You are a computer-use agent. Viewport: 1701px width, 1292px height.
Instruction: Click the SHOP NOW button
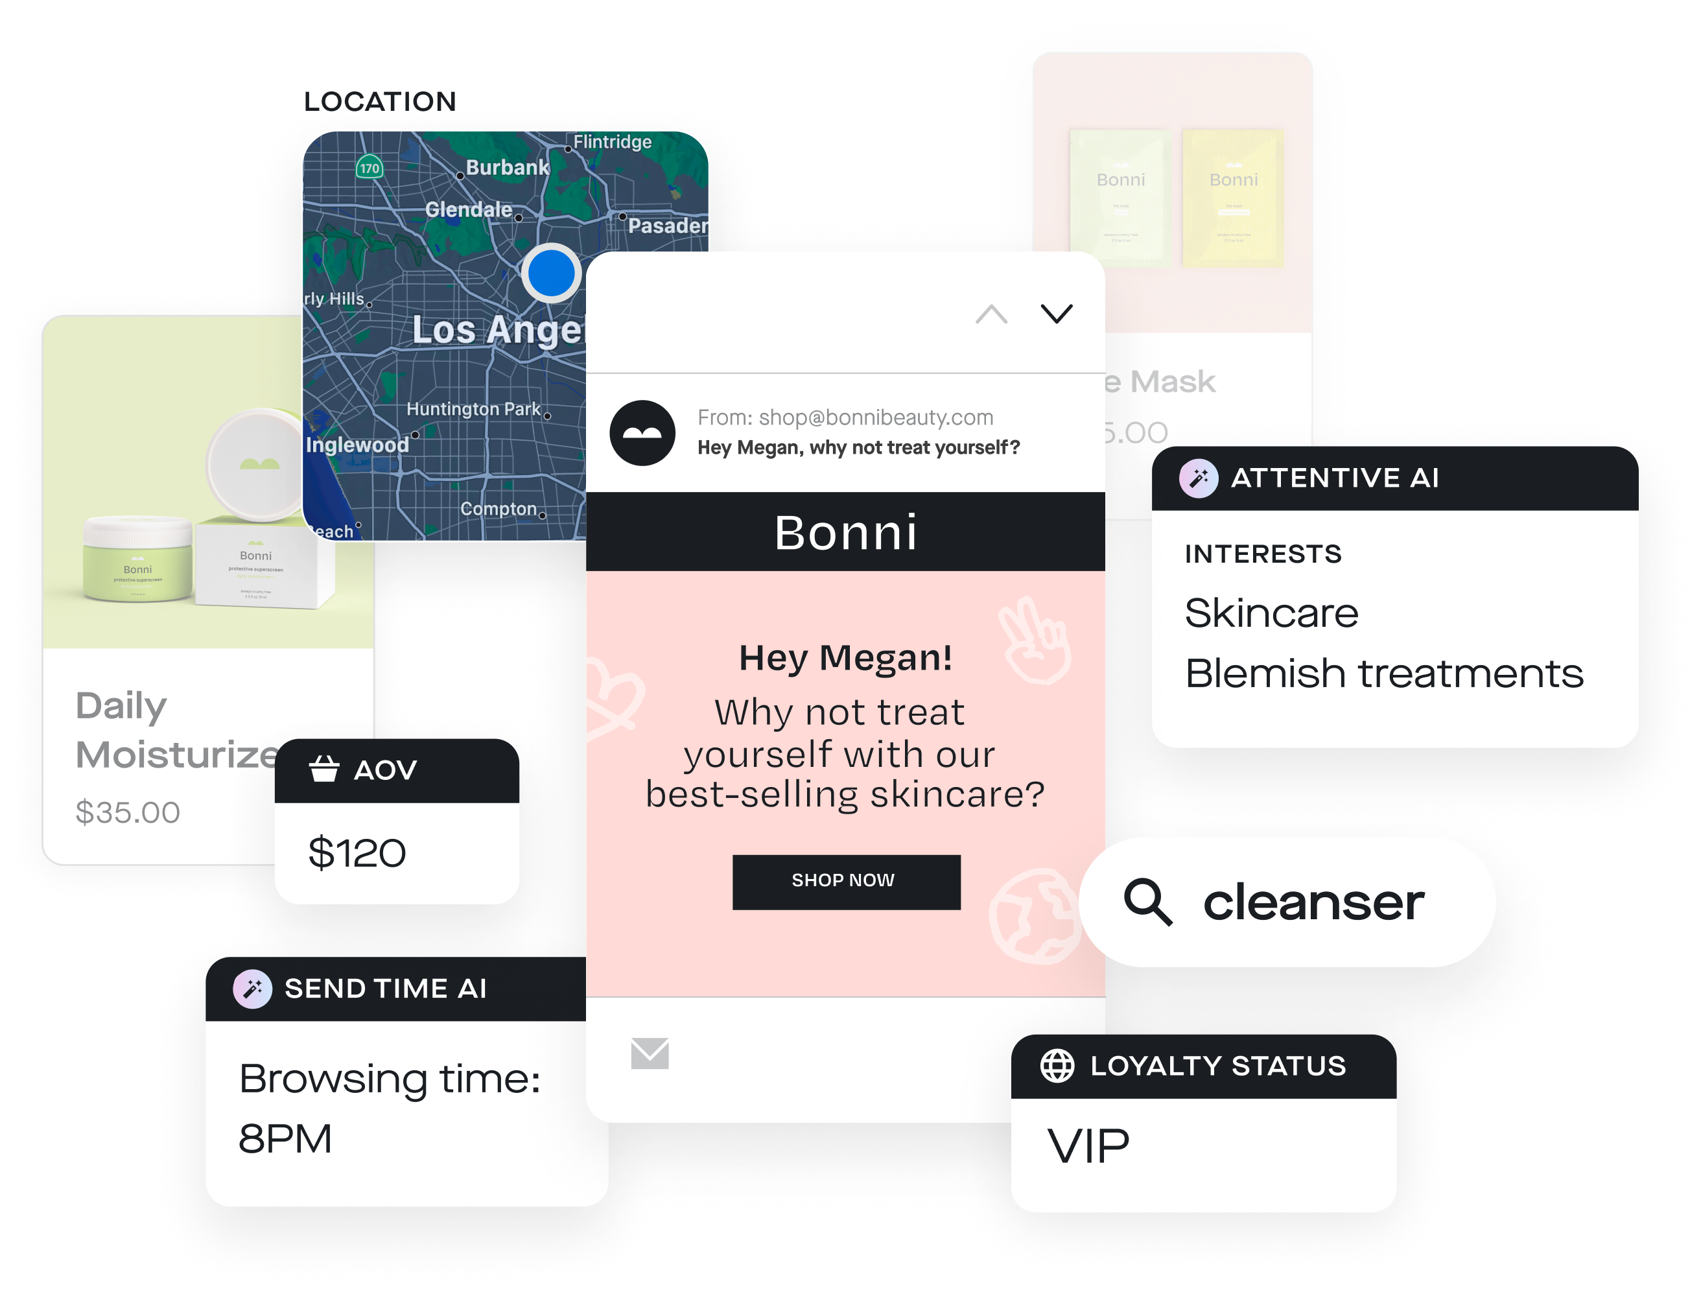coord(846,882)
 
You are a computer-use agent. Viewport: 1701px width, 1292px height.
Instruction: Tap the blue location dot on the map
coord(550,273)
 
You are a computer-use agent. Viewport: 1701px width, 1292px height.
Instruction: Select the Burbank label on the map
coord(508,168)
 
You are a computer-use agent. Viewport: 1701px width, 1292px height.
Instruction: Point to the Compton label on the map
coord(499,509)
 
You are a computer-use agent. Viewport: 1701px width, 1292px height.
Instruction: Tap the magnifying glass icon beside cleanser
coord(1147,901)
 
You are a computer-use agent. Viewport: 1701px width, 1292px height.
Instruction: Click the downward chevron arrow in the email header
coord(1056,314)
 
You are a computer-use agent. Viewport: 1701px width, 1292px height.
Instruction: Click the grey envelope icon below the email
coord(650,1053)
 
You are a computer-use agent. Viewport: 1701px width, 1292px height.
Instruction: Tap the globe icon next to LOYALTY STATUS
coord(1057,1066)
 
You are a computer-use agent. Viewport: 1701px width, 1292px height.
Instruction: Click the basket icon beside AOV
coord(323,769)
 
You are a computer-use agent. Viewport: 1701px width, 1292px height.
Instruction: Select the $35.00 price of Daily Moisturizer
coord(128,812)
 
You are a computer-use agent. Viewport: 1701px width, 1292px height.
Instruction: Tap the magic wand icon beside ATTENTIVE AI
coord(1198,478)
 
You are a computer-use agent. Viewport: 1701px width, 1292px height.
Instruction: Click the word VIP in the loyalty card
coord(1088,1147)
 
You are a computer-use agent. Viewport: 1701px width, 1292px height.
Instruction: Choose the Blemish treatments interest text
coord(1383,674)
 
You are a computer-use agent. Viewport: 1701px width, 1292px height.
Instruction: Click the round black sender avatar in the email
coord(642,433)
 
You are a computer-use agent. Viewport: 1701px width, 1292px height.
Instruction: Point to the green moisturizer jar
coord(137,559)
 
